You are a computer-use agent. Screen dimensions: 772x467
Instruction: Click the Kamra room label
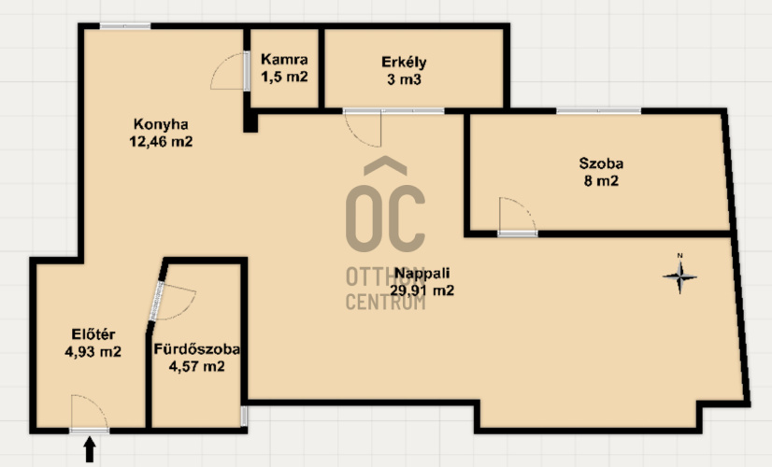[x=284, y=60]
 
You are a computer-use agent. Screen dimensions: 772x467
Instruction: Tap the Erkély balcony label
[x=404, y=63]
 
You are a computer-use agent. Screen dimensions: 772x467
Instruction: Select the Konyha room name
[x=161, y=124]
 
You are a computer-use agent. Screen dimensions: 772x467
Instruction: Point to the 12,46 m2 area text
[x=161, y=142]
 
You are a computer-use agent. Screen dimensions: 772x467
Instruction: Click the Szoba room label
[x=601, y=163]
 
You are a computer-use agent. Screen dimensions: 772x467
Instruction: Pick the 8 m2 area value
[x=601, y=181]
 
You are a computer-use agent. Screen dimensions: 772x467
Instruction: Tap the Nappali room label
[x=422, y=273]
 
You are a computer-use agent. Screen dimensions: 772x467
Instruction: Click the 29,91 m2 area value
[x=422, y=290]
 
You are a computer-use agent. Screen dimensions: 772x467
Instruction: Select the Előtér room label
[x=93, y=334]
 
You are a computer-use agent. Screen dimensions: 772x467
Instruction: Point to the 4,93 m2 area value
[x=93, y=352]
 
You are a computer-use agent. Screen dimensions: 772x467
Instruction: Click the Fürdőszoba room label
[x=197, y=349]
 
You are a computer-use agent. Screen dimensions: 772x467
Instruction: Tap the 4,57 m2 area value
[x=197, y=367]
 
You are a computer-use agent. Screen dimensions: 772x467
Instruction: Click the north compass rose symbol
[x=679, y=276]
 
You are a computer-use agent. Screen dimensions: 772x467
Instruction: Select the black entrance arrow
[x=89, y=449]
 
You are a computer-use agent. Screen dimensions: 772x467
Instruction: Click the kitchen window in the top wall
[x=125, y=26]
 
